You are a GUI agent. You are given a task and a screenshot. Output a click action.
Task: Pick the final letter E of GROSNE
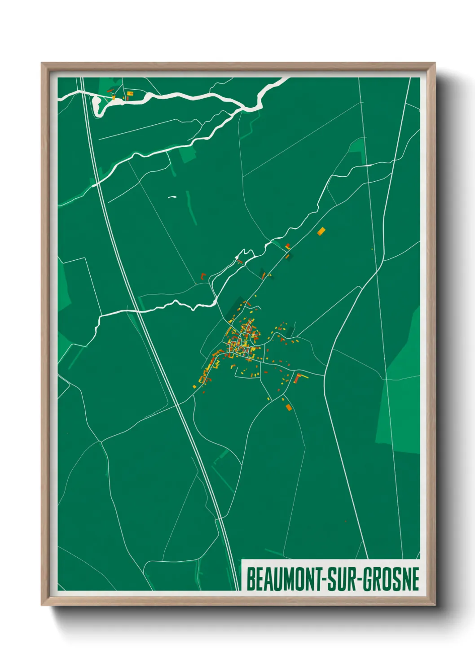tap(415, 579)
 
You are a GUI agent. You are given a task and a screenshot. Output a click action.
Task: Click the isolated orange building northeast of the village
tap(321, 232)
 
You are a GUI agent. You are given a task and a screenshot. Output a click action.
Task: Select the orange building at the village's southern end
tap(288, 407)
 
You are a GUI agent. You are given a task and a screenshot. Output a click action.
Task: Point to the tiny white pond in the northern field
tap(172, 197)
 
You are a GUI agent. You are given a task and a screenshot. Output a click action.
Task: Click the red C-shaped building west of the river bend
tap(202, 275)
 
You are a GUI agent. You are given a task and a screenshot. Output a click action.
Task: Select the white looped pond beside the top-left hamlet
tap(97, 104)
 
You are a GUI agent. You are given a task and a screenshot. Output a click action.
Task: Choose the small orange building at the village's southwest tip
tap(194, 386)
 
